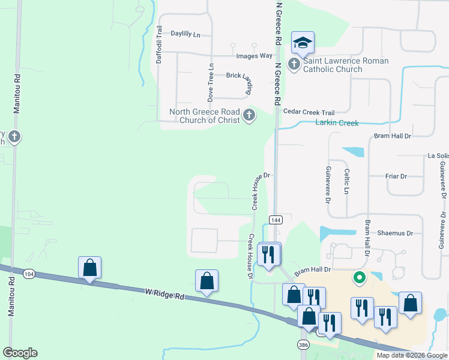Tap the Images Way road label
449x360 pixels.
pyautogui.click(x=255, y=56)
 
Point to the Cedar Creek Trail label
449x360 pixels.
pyautogui.click(x=309, y=112)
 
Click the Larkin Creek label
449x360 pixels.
pyautogui.click(x=337, y=123)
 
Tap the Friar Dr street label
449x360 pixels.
pyautogui.click(x=396, y=176)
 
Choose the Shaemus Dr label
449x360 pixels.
pyautogui.click(x=395, y=233)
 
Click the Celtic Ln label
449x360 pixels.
pyautogui.click(x=346, y=181)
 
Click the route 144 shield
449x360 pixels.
pyautogui.click(x=276, y=220)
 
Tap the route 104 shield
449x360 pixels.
pyautogui.click(x=29, y=274)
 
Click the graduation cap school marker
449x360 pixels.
pyautogui.click(x=303, y=43)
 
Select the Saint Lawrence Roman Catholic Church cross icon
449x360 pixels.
pyautogui.click(x=294, y=64)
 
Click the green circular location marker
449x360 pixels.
pyautogui.click(x=360, y=277)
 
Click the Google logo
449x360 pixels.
pyautogui.click(x=20, y=353)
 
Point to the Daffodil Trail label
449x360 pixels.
pyautogui.click(x=159, y=44)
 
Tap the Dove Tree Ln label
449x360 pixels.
pyautogui.click(x=211, y=82)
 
